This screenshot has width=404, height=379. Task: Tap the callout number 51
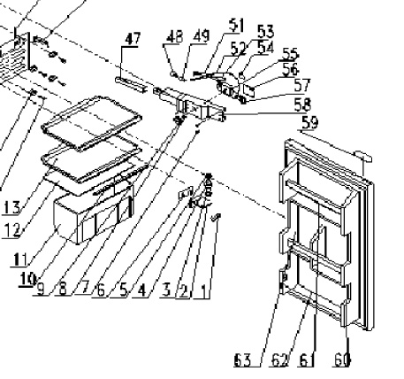pyautogui.click(x=211, y=23)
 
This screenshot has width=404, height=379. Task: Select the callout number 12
pyautogui.click(x=11, y=231)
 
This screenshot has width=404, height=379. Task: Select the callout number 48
pyautogui.click(x=174, y=38)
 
